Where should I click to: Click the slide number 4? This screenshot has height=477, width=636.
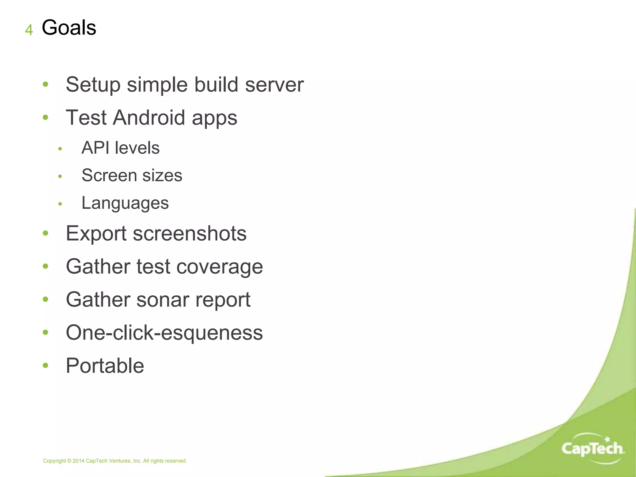[x=29, y=30]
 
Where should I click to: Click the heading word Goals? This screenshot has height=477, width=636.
[x=69, y=28]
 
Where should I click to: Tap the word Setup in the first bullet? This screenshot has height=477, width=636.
[x=93, y=85]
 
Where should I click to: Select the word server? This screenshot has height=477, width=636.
[x=274, y=85]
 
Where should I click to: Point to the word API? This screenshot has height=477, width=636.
[x=95, y=148]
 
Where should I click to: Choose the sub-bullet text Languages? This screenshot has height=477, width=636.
[x=125, y=203]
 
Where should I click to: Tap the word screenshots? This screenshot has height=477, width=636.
[x=189, y=234]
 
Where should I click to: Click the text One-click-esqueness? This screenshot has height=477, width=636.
[x=164, y=333]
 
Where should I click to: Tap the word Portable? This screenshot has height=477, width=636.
[x=105, y=366]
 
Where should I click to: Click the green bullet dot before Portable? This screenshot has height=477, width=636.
[x=46, y=366]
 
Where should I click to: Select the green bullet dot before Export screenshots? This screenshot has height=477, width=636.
[x=46, y=233]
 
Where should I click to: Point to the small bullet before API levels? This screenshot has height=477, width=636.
[x=60, y=149]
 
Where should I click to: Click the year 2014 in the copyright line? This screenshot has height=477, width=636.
[x=78, y=461]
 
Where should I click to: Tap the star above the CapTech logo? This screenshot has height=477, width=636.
[x=607, y=439]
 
